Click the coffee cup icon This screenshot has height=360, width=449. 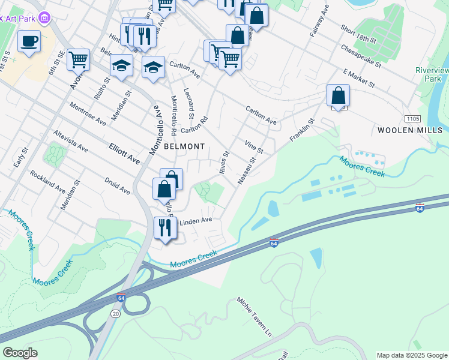pyautogui.click(x=29, y=41)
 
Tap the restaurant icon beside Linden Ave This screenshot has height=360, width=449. pyautogui.click(x=164, y=227)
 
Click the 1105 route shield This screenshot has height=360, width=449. pyautogui.click(x=412, y=119)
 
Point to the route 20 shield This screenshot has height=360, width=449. pyautogui.click(x=116, y=313)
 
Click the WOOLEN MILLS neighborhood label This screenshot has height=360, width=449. pyautogui.click(x=410, y=130)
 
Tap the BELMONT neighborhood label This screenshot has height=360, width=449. pyautogui.click(x=181, y=146)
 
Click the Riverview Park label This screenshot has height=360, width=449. pyautogui.click(x=432, y=74)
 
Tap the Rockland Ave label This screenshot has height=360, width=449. pyautogui.click(x=47, y=181)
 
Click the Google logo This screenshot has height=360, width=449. pyautogui.click(x=20, y=353)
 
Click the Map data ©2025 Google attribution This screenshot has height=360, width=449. pyautogui.click(x=412, y=355)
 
